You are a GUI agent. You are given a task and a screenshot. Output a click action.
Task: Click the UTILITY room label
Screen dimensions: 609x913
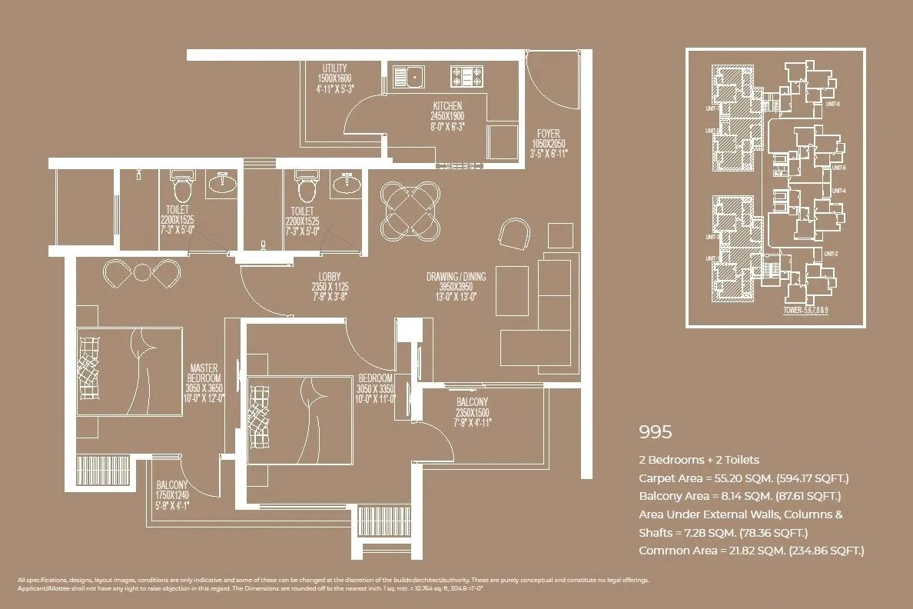point(334,68)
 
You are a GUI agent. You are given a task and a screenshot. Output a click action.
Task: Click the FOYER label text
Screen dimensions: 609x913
point(549,133)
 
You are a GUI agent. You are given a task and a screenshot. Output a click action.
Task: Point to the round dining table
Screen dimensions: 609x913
point(411,209)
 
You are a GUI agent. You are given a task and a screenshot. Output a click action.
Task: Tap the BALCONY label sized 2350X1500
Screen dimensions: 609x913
point(472,402)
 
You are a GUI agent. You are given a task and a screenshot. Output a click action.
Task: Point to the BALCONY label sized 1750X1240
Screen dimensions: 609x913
point(171,486)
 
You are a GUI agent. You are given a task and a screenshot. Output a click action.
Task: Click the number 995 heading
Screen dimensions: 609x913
point(656,432)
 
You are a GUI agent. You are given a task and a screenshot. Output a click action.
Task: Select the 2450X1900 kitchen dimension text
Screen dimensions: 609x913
point(447,115)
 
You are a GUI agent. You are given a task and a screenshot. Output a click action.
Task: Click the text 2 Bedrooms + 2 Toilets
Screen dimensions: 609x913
point(699,460)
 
